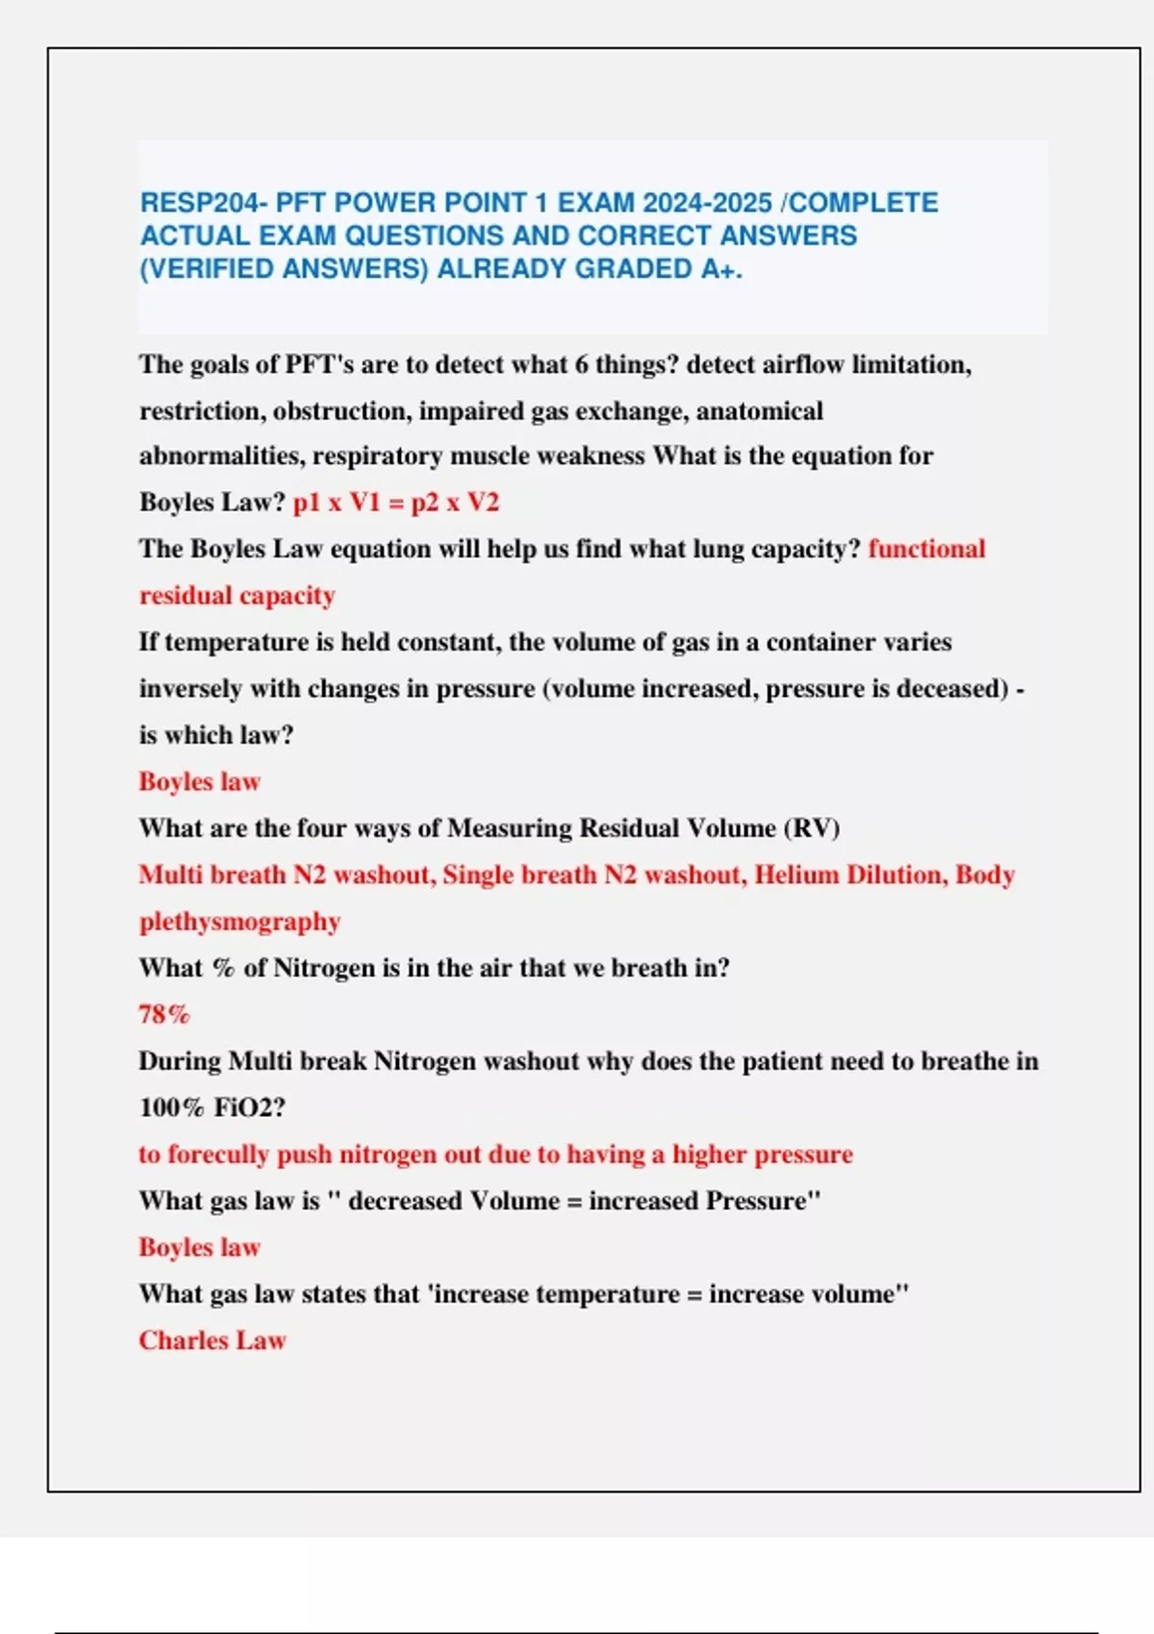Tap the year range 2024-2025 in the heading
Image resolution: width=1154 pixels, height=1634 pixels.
pyautogui.click(x=707, y=204)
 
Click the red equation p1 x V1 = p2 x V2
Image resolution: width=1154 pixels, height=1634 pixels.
pyautogui.click(x=396, y=503)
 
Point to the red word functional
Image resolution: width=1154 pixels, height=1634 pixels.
pyautogui.click(x=926, y=549)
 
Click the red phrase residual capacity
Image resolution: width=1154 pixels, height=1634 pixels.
pyautogui.click(x=237, y=596)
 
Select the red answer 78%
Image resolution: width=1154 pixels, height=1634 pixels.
pyautogui.click(x=164, y=1014)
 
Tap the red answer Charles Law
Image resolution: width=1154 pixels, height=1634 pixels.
pyautogui.click(x=213, y=1341)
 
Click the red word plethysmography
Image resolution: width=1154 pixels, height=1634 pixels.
pyautogui.click(x=239, y=922)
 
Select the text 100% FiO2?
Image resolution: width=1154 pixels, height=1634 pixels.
pyautogui.click(x=213, y=1107)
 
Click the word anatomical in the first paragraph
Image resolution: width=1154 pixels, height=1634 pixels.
pyautogui.click(x=759, y=411)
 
